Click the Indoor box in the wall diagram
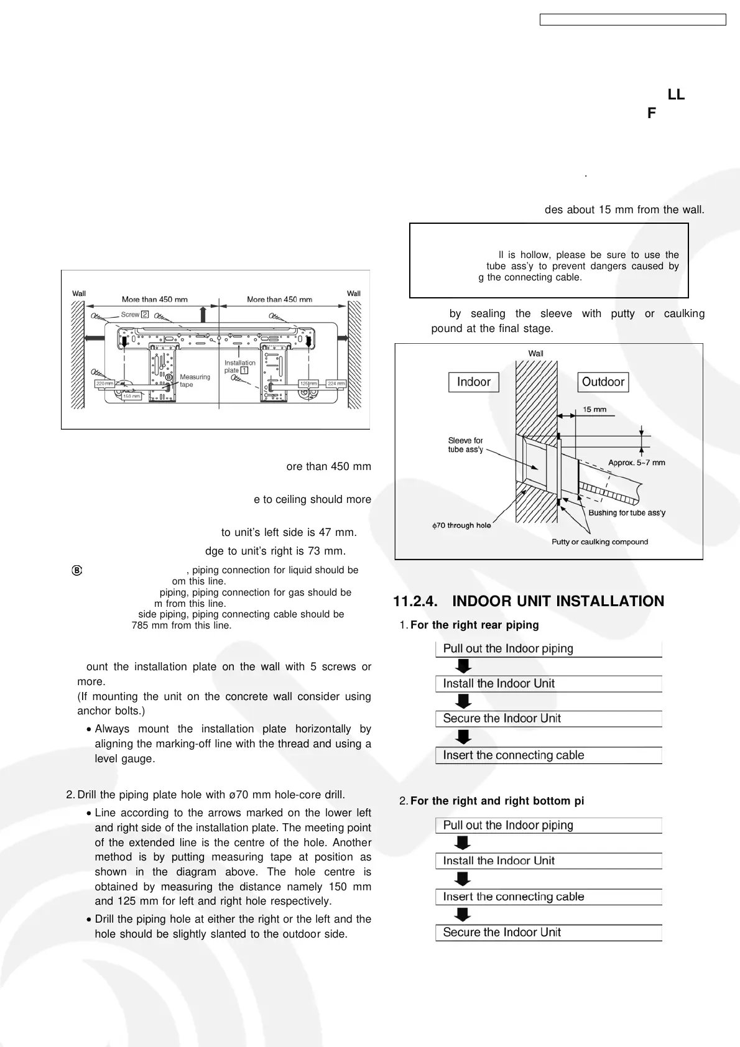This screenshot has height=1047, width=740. click(x=473, y=382)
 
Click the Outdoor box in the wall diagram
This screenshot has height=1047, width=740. click(x=603, y=382)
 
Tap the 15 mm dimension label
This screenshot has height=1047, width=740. click(x=594, y=409)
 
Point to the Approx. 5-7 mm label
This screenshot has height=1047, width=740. click(x=636, y=463)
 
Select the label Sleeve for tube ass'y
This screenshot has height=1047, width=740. click(x=465, y=445)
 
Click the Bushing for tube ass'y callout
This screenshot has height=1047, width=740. click(x=627, y=512)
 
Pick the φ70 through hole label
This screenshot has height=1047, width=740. click(x=461, y=525)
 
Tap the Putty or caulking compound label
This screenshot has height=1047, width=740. click(x=599, y=542)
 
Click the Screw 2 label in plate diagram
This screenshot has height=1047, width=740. click(x=134, y=315)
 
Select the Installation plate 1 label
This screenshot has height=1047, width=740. click(x=239, y=366)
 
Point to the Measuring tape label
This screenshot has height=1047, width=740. click(x=195, y=381)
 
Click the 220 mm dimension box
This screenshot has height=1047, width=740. click(x=104, y=384)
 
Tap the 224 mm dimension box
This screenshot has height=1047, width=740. click(x=336, y=384)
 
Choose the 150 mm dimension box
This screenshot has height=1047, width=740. click(x=131, y=396)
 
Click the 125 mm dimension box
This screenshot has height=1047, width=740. click(x=308, y=384)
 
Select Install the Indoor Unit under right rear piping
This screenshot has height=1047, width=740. click(x=499, y=683)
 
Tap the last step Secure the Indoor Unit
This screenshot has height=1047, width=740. click(x=502, y=932)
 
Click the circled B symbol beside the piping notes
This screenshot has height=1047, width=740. click(x=77, y=570)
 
